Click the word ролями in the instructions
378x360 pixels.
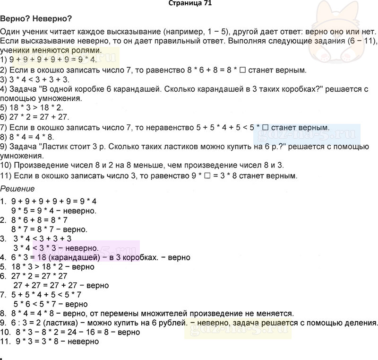tap(86, 50)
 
